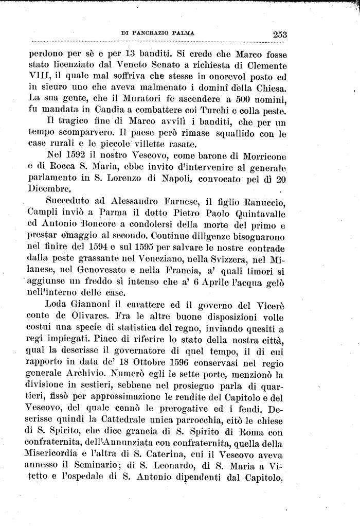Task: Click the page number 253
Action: tap(280, 34)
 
